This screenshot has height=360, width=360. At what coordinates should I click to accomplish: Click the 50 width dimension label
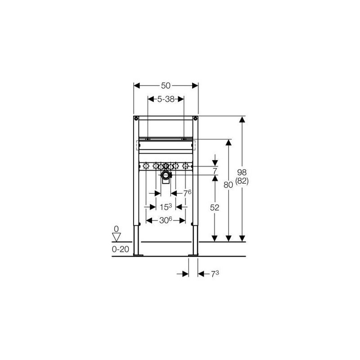tap(166, 85)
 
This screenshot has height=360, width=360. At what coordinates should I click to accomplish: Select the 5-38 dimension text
tap(166, 99)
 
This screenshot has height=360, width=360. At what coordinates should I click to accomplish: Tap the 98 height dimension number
tap(242, 172)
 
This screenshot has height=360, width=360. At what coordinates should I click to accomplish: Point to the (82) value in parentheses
tap(242, 181)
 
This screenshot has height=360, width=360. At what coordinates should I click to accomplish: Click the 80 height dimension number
tap(228, 184)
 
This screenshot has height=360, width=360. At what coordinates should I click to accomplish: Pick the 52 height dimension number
tap(215, 207)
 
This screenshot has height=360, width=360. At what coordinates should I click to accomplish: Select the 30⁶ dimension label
tap(166, 220)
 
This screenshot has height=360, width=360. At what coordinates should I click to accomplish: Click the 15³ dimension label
tap(166, 207)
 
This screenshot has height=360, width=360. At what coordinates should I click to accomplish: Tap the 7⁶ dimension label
tap(187, 193)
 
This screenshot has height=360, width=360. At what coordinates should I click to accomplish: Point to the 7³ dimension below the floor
tap(215, 274)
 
